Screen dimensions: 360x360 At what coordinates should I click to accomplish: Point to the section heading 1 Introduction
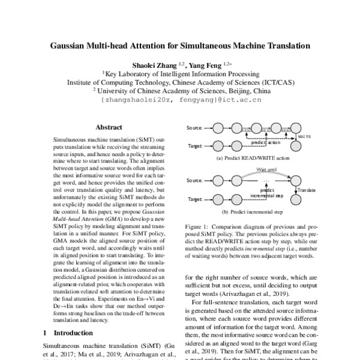65,332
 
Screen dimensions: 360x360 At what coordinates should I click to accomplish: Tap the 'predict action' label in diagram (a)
265,143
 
